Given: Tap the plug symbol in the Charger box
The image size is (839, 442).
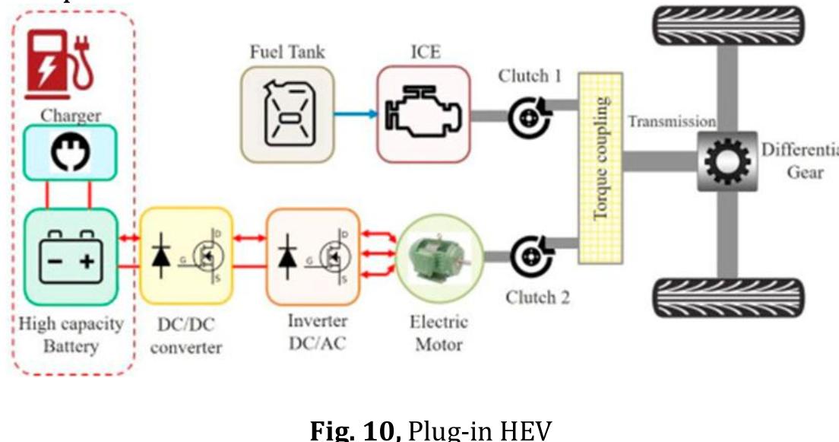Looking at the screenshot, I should (70, 152).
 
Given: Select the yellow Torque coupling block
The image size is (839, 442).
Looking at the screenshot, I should (600, 168).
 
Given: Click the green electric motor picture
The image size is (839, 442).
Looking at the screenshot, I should (434, 255).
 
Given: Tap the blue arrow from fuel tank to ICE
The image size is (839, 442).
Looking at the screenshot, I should (358, 115).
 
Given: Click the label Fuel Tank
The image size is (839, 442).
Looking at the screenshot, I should (287, 52).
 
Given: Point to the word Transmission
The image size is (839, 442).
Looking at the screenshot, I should (672, 121).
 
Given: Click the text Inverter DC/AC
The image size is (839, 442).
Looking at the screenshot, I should (317, 332).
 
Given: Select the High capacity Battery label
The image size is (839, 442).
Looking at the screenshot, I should (71, 335).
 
